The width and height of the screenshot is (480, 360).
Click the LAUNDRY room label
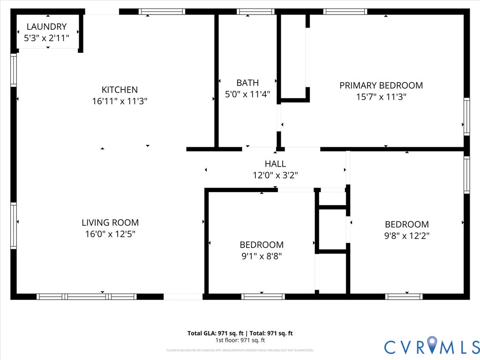46,27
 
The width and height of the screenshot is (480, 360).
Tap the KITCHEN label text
120,90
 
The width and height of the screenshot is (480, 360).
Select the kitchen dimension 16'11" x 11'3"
120,101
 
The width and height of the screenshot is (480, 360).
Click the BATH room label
247,83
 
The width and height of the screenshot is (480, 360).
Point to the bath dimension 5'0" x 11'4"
247,94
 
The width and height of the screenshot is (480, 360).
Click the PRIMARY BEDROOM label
381,85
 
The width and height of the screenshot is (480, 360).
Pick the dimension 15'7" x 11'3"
381,97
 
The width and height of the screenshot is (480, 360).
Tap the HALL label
275,164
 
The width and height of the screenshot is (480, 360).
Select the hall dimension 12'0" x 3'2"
275,175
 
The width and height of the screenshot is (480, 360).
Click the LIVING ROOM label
110,223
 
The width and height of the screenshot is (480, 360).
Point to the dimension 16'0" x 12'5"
110,234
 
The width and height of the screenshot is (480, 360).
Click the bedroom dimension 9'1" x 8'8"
261,256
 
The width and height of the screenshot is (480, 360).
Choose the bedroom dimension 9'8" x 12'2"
406,236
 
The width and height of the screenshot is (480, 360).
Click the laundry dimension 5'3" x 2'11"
46,38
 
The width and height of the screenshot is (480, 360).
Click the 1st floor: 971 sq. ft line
240,340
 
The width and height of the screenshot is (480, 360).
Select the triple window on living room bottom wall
87,296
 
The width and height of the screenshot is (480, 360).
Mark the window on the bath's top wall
255,12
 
